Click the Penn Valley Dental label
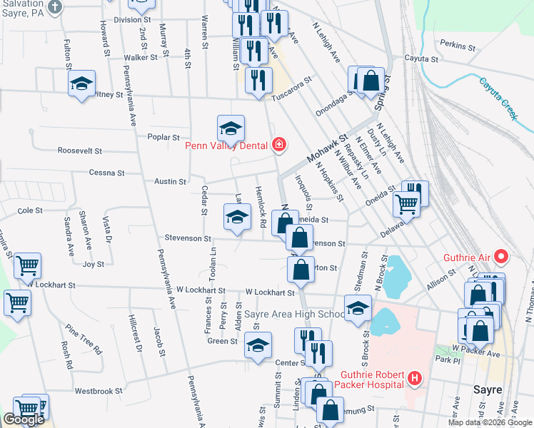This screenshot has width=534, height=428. [x=226, y=147]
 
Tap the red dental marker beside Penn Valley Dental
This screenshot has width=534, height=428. [x=278, y=146]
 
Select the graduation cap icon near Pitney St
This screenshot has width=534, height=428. [x=82, y=83]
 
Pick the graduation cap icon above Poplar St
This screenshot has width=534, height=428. [x=231, y=128]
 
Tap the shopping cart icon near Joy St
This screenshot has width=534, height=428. [x=27, y=265]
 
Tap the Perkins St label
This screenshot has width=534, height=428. [x=458, y=46]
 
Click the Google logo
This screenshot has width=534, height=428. [x=24, y=420]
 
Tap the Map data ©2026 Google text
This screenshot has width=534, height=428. [x=490, y=422]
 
